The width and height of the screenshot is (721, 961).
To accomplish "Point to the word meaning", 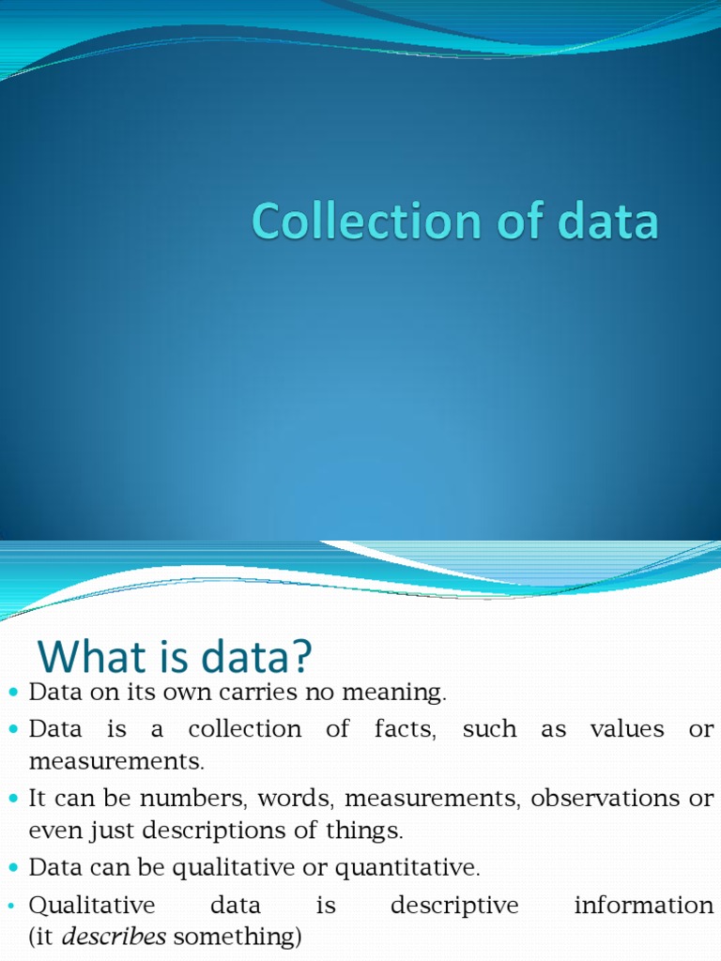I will pos(403,694).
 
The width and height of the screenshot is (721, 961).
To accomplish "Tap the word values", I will pos(624,730).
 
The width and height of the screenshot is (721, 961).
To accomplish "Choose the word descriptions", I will pos(215,831).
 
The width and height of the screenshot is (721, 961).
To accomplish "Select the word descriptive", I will pos(454,906).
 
